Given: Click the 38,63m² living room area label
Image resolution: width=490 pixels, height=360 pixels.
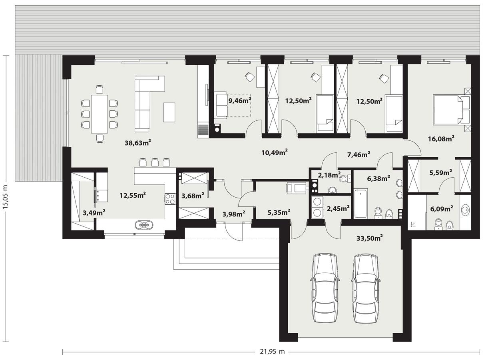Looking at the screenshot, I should pos(138,142).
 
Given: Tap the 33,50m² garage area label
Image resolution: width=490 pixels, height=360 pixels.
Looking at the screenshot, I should pos(369,238).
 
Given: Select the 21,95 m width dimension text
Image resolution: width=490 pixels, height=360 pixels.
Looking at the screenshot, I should pos(271,352).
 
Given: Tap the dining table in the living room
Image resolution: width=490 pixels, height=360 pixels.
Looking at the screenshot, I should pos(100,114).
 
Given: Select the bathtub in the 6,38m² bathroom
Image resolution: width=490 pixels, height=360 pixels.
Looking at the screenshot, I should pos(361,204).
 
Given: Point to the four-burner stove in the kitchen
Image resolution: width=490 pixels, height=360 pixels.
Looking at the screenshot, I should pos(170,199).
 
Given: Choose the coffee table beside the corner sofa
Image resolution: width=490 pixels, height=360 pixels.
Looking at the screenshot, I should pos(169,112).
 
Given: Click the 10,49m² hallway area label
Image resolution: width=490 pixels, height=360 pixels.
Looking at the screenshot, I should pos(274,152).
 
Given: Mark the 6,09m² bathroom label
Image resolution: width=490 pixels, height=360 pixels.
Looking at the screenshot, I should pos(441,208).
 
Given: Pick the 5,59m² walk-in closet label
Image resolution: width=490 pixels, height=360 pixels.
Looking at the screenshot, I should pos(440,172).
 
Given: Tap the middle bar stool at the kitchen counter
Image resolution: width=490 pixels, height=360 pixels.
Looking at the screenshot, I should pos(155,162).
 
